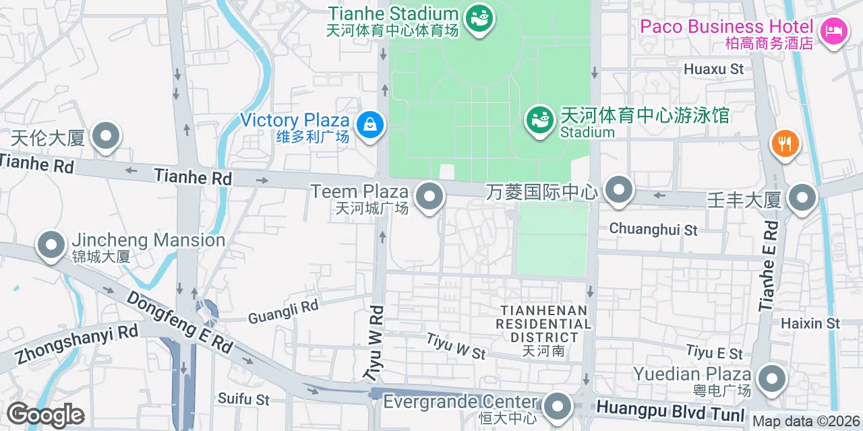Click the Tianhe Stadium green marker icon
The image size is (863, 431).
point(480,17)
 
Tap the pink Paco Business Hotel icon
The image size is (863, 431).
point(834,30)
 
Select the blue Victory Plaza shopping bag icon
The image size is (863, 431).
point(369,124)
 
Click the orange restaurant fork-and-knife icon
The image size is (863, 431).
point(784,143)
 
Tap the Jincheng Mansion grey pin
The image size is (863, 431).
point(51,245)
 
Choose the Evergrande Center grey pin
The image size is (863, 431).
point(557,406)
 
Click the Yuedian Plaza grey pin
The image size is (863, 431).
point(771,378)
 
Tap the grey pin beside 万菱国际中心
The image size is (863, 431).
point(618,190)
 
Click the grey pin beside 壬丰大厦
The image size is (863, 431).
point(802,198)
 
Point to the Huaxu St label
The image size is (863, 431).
point(713,69)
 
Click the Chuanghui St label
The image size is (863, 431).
point(653,229)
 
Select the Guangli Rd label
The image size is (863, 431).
point(283,312)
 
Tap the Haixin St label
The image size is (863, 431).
point(810,324)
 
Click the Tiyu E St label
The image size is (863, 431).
point(715,352)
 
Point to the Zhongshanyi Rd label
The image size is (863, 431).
point(75,343)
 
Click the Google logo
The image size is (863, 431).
point(46,415)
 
